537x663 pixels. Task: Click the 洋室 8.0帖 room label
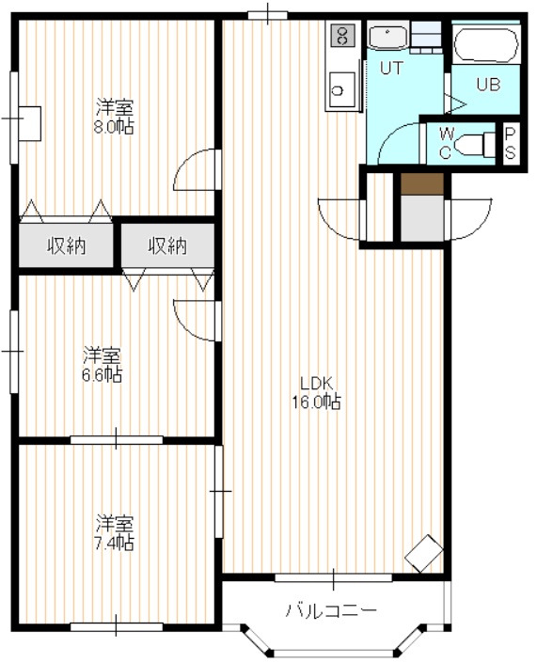coord(114,117)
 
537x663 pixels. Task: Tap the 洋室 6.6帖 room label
coord(102,365)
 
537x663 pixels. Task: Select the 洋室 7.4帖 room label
coord(114,533)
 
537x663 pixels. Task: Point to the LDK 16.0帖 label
coord(317,392)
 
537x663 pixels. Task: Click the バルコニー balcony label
coord(331,610)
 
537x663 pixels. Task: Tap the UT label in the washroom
coord(391,68)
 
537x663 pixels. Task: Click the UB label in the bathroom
coord(488,85)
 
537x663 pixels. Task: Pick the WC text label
coord(446,143)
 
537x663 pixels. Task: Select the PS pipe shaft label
coord(511,143)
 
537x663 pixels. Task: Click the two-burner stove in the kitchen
coord(343,35)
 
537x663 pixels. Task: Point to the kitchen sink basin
coord(341,88)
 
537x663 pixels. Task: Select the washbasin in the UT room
coord(387,38)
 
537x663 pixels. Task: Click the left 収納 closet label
coord(67,245)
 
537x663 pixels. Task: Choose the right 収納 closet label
coord(167,245)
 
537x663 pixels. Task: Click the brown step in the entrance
coord(421,184)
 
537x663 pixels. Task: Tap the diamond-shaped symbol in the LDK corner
coord(424,553)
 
